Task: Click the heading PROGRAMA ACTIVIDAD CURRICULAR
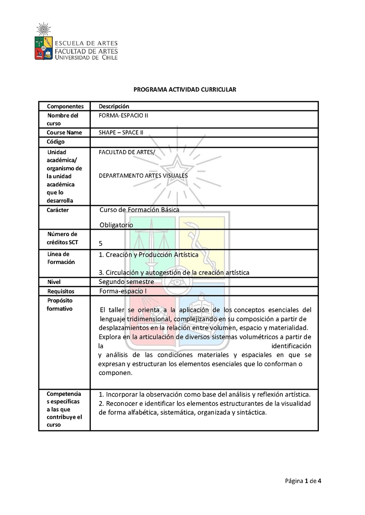pos(184,90)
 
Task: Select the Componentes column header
pos(65,106)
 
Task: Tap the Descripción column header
pos(114,106)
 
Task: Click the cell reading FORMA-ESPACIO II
pos(123,115)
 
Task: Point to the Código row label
pos(56,142)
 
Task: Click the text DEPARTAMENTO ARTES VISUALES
pos(143,175)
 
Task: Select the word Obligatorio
pos(116,225)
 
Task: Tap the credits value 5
pos(100,244)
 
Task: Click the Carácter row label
pos(58,210)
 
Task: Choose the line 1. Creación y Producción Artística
pos(149,255)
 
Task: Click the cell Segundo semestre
pos(126,282)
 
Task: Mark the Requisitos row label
pos(61,291)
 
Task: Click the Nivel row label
pos(54,282)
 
